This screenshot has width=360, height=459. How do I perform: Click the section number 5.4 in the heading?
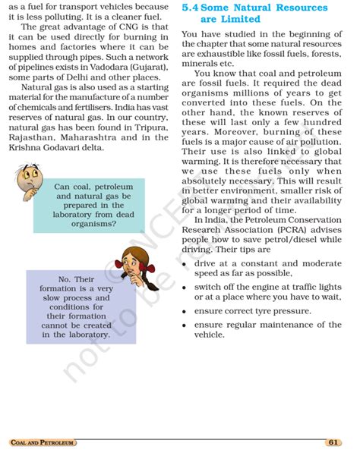(193, 8)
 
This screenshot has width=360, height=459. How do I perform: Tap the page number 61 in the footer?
(334, 442)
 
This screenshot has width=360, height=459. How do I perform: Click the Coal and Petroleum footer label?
(43, 442)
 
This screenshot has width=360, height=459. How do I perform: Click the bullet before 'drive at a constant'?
(186, 263)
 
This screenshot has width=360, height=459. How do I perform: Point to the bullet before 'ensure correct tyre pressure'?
(186, 311)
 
